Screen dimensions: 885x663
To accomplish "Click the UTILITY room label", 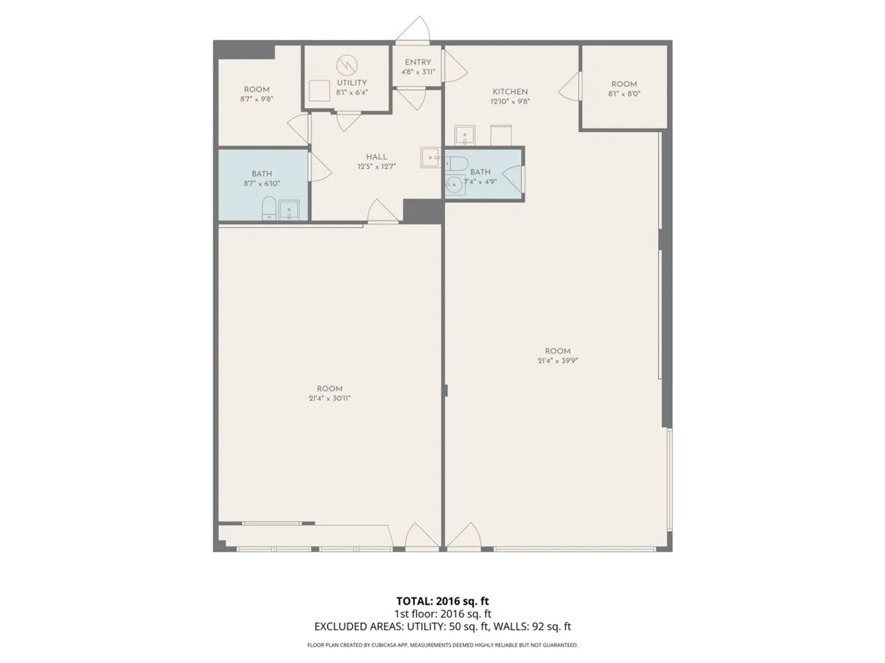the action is point(352,82).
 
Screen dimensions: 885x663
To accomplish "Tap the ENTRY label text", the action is point(418,63).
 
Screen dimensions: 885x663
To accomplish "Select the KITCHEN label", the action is point(509,92).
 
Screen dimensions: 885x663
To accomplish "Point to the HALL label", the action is point(377,157).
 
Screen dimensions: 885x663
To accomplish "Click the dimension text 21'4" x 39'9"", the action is point(557,361).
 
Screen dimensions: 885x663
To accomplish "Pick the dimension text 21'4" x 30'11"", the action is point(329,398).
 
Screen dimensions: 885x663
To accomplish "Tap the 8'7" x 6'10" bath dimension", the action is point(261,184).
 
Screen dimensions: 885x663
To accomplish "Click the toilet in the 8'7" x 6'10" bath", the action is point(269,207).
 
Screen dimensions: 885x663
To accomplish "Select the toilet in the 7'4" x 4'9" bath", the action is point(457,163).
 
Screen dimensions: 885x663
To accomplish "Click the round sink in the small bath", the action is point(454,185).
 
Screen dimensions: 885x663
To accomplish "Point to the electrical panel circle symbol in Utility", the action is point(347,64).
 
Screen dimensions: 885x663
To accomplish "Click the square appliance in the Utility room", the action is point(320,91).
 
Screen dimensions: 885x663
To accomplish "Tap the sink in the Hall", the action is point(431,157).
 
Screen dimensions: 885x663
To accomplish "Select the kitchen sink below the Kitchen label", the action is point(465,135).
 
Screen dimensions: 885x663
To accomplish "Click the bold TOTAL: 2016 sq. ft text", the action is point(442,601).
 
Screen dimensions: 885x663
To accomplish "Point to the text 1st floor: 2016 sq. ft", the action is point(442,614).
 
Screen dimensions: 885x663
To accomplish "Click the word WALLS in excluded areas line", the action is point(509,627).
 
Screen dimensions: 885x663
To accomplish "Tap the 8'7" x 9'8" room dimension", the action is point(257,99).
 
